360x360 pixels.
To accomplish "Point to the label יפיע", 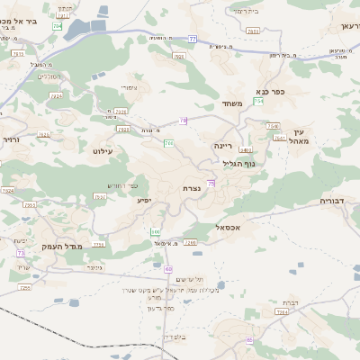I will [144, 200].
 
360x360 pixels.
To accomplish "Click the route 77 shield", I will [193, 40].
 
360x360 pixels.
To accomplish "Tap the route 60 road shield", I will [168, 269].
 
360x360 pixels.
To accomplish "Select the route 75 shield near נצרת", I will [211, 184].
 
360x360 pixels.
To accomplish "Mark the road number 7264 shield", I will [281, 312].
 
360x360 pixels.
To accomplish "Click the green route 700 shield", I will [168, 143].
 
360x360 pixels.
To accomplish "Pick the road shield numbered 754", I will [258, 102].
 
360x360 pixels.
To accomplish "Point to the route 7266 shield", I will [189, 242].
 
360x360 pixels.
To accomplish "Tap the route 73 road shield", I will [21, 254].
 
